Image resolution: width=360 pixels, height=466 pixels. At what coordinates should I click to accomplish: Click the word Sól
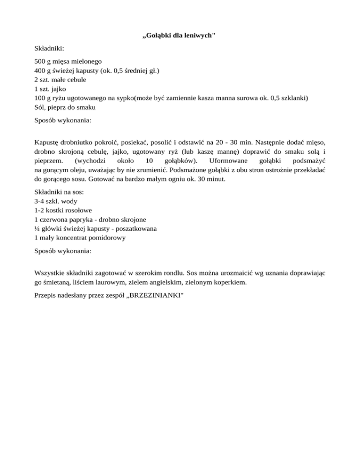tap(40, 107)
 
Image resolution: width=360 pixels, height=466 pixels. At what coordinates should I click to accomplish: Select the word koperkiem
tap(225, 282)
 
